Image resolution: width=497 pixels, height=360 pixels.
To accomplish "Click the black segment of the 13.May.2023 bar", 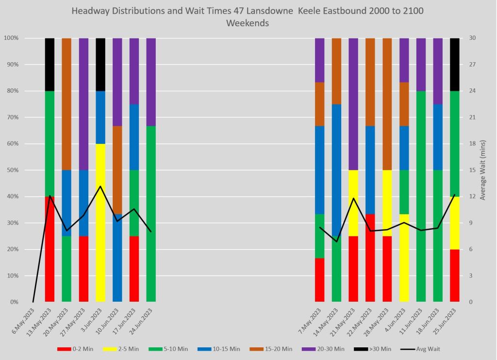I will pyautogui.click(x=50, y=64).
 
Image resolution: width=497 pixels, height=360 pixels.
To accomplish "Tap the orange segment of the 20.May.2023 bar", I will pyautogui.click(x=66, y=104).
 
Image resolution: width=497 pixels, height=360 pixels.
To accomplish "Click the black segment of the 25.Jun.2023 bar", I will pyautogui.click(x=454, y=64).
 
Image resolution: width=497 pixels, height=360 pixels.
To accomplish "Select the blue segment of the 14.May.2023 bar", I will pyautogui.click(x=336, y=170).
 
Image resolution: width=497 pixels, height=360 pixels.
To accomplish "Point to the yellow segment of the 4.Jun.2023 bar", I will pyautogui.click(x=404, y=257).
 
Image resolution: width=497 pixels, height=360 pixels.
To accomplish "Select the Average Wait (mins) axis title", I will pyautogui.click(x=483, y=170).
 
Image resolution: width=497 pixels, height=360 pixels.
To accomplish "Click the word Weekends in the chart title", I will pyautogui.click(x=248, y=23).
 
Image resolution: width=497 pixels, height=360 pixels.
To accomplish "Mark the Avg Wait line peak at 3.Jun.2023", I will pyautogui.click(x=100, y=186).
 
